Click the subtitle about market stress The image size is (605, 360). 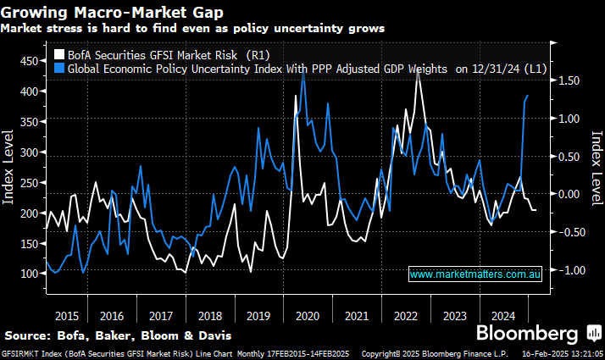[192, 27]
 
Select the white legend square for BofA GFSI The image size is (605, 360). [59, 55]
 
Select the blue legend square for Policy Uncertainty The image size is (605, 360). [59, 69]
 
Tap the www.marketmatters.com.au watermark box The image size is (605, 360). [475, 274]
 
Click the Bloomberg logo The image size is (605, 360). [527, 332]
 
